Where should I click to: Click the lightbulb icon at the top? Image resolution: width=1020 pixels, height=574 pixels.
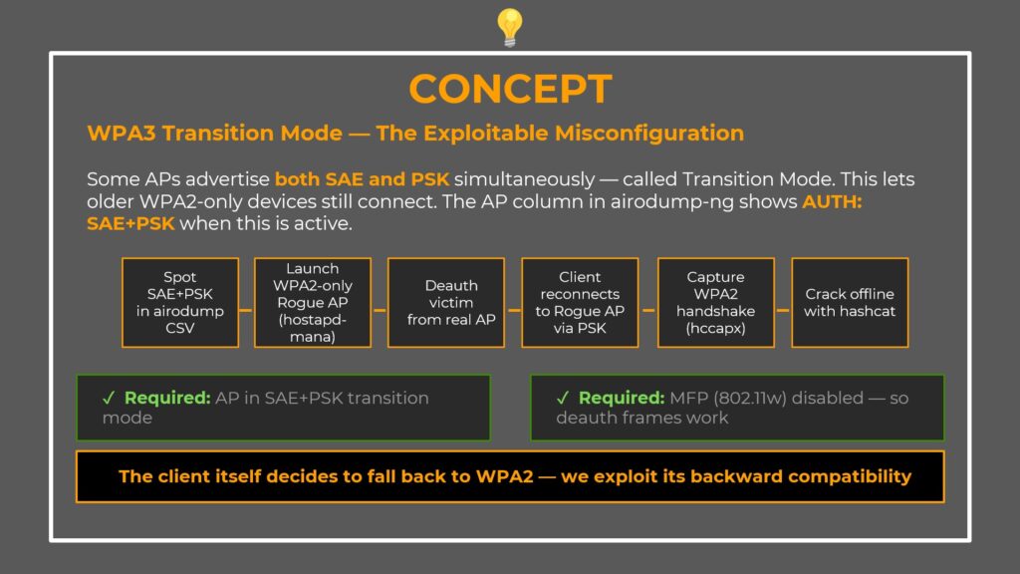click(509, 27)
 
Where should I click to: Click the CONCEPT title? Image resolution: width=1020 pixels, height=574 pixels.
click(509, 90)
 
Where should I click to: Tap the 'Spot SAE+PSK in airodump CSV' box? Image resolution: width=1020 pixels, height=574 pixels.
click(180, 303)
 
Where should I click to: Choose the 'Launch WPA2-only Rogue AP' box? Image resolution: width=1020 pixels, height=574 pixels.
click(312, 303)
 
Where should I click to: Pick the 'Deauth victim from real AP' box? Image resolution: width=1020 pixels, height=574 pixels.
click(445, 303)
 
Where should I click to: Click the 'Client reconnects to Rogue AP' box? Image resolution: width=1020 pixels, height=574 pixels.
click(580, 303)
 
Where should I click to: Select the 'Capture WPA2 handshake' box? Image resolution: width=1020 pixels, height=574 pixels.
click(715, 303)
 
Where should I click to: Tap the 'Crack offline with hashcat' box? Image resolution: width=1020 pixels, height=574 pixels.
click(850, 303)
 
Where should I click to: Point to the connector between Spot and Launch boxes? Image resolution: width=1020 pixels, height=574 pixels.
click(246, 310)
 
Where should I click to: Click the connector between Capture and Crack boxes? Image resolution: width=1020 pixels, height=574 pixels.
click(783, 310)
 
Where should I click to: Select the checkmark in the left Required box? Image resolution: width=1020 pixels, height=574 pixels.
click(109, 398)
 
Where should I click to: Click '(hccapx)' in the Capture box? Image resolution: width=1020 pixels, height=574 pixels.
click(715, 328)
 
